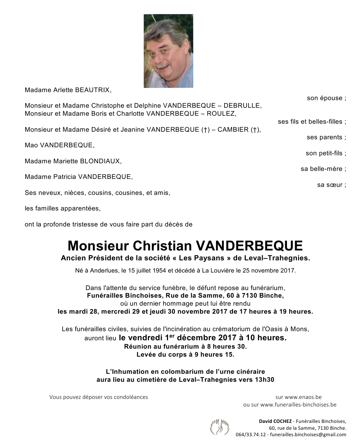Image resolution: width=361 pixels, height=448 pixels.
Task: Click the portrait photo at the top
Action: pos(168,51)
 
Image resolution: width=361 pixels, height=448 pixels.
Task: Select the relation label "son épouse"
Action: pos(326,98)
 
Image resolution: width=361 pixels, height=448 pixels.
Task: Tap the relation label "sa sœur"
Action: pos(331,185)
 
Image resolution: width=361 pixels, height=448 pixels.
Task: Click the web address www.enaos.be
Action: pos(303,397)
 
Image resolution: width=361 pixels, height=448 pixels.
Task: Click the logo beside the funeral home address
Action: pos(220,427)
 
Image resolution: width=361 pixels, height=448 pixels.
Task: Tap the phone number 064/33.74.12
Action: pos(251,435)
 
